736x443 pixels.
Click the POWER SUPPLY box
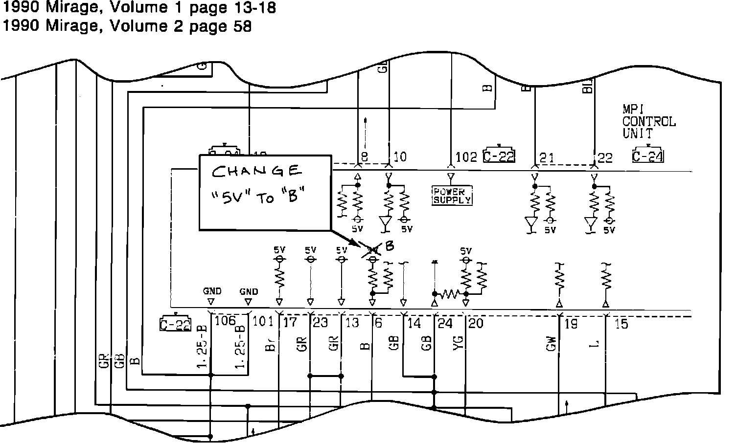(x=452, y=196)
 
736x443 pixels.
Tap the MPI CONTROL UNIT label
(x=648, y=121)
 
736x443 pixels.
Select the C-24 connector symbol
(x=648, y=156)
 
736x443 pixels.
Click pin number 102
(x=466, y=157)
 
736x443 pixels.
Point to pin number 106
(x=225, y=321)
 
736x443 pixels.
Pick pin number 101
(x=263, y=322)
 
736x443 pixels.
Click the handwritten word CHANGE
(x=257, y=171)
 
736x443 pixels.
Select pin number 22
(x=605, y=157)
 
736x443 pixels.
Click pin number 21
(x=547, y=157)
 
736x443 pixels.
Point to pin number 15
(x=621, y=324)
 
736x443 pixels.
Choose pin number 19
(x=571, y=324)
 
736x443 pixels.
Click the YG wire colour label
(x=459, y=344)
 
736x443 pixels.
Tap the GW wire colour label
(x=551, y=345)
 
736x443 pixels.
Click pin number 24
(x=445, y=323)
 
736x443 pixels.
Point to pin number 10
(x=400, y=157)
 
